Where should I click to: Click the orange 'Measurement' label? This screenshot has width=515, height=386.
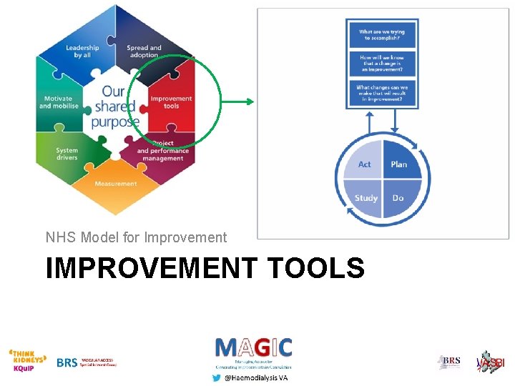(x=115, y=184)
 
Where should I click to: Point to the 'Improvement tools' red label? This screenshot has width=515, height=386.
(x=172, y=102)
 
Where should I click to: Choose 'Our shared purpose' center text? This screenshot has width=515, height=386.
(x=115, y=107)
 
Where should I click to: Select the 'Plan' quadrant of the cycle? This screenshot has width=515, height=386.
(x=398, y=164)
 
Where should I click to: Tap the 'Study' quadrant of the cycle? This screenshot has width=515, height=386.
(x=366, y=197)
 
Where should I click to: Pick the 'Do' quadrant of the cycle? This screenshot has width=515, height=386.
(x=398, y=197)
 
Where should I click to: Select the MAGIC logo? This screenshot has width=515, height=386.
(x=253, y=348)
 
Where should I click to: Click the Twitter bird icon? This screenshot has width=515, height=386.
(x=217, y=377)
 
